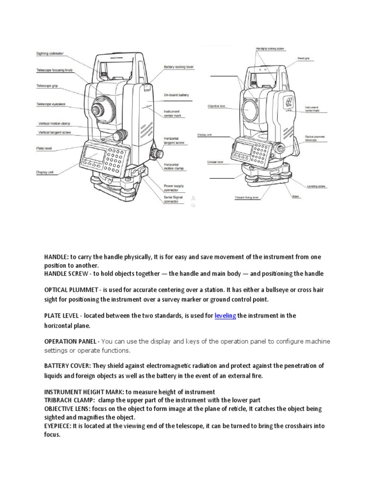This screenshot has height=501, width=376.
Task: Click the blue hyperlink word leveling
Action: (x=225, y=316)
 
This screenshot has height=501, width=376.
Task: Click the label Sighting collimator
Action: (x=50, y=54)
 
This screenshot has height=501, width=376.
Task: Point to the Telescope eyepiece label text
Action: (x=51, y=104)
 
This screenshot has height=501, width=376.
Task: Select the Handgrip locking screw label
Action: (x=270, y=49)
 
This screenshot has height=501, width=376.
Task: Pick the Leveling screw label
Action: (x=317, y=186)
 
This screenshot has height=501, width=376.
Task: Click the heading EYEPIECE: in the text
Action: (x=58, y=426)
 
